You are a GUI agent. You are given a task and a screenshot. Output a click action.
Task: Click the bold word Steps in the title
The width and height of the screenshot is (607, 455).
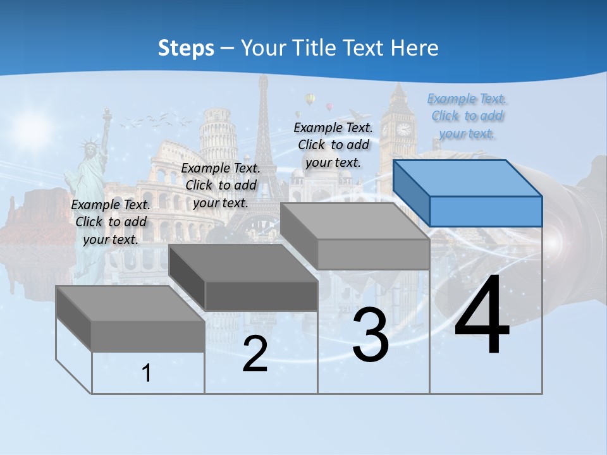point(186,48)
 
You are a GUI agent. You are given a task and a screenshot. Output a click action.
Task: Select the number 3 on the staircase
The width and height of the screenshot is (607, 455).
point(371,336)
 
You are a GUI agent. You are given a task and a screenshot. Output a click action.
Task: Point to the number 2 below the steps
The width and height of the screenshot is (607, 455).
point(255,354)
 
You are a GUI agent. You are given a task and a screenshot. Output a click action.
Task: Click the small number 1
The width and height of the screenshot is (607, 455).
point(147,373)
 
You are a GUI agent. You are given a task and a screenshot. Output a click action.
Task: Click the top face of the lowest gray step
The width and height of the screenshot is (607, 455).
point(130,303)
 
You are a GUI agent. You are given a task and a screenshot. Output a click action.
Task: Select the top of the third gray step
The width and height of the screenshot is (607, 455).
point(355,221)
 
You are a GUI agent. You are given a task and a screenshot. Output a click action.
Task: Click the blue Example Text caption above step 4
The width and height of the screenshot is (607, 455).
point(467,116)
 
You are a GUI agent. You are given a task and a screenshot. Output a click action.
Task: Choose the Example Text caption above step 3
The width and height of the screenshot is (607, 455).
point(333,145)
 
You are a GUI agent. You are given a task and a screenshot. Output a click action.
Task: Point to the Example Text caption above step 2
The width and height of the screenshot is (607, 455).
point(221,185)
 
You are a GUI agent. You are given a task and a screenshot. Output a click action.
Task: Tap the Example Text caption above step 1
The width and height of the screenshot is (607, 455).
point(111,222)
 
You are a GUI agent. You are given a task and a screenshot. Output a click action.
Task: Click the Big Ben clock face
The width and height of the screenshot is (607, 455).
point(403,129)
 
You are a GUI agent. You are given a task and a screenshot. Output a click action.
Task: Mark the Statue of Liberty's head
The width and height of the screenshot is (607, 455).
point(91,149)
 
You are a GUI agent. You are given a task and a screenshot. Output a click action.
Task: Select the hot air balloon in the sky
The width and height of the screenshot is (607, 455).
point(310,99)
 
